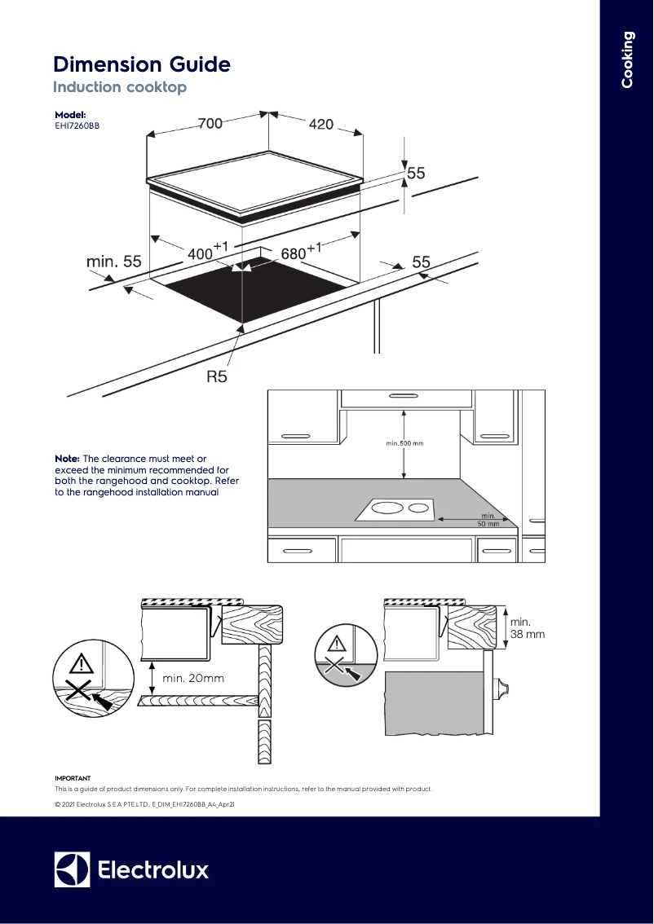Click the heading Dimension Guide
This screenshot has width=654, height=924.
coord(142,64)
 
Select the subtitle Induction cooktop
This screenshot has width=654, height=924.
coord(120,87)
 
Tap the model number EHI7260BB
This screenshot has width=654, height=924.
coord(77,126)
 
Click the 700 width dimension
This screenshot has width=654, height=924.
coord(210,124)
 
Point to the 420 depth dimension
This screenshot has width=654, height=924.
coord(321,124)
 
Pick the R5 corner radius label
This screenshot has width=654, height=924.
coord(216,377)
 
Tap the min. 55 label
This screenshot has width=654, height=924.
coord(114,262)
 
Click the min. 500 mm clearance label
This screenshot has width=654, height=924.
coord(405,444)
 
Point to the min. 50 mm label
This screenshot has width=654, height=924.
coord(488,520)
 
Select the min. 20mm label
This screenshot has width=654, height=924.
coord(193,678)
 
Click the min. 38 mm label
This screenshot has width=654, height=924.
coord(527,628)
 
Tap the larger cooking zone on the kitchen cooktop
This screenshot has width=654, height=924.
coord(387,509)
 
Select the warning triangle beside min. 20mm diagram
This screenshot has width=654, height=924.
coord(81,662)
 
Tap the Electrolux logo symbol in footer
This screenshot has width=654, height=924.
coord(72,869)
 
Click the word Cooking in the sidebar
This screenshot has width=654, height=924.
coord(627,59)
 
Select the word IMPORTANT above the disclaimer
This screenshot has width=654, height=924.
coord(73,778)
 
